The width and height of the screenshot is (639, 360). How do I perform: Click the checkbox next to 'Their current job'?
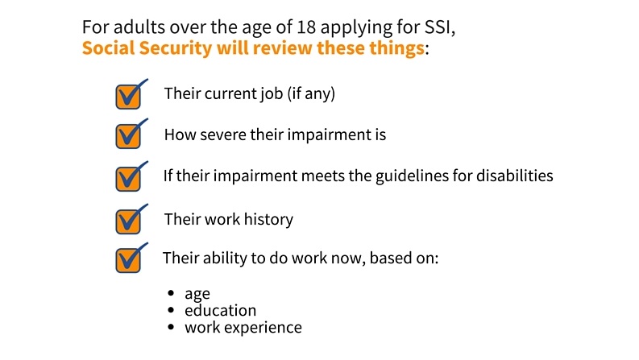128,97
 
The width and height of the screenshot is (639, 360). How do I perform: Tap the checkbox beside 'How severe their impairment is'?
128,136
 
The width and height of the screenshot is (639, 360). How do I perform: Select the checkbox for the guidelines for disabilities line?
128,179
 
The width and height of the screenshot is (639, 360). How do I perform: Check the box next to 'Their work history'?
128,221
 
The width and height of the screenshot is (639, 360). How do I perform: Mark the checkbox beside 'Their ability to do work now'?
128,260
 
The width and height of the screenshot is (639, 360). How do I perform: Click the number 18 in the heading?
306,27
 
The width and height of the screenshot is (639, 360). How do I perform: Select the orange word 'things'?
396,48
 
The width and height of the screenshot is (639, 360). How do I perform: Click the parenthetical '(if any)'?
311,93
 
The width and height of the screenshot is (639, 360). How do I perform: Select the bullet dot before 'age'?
171,293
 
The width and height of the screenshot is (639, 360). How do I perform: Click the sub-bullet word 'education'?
221,311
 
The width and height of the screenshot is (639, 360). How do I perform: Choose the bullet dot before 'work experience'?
171,327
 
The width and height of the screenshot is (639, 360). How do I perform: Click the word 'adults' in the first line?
139,27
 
